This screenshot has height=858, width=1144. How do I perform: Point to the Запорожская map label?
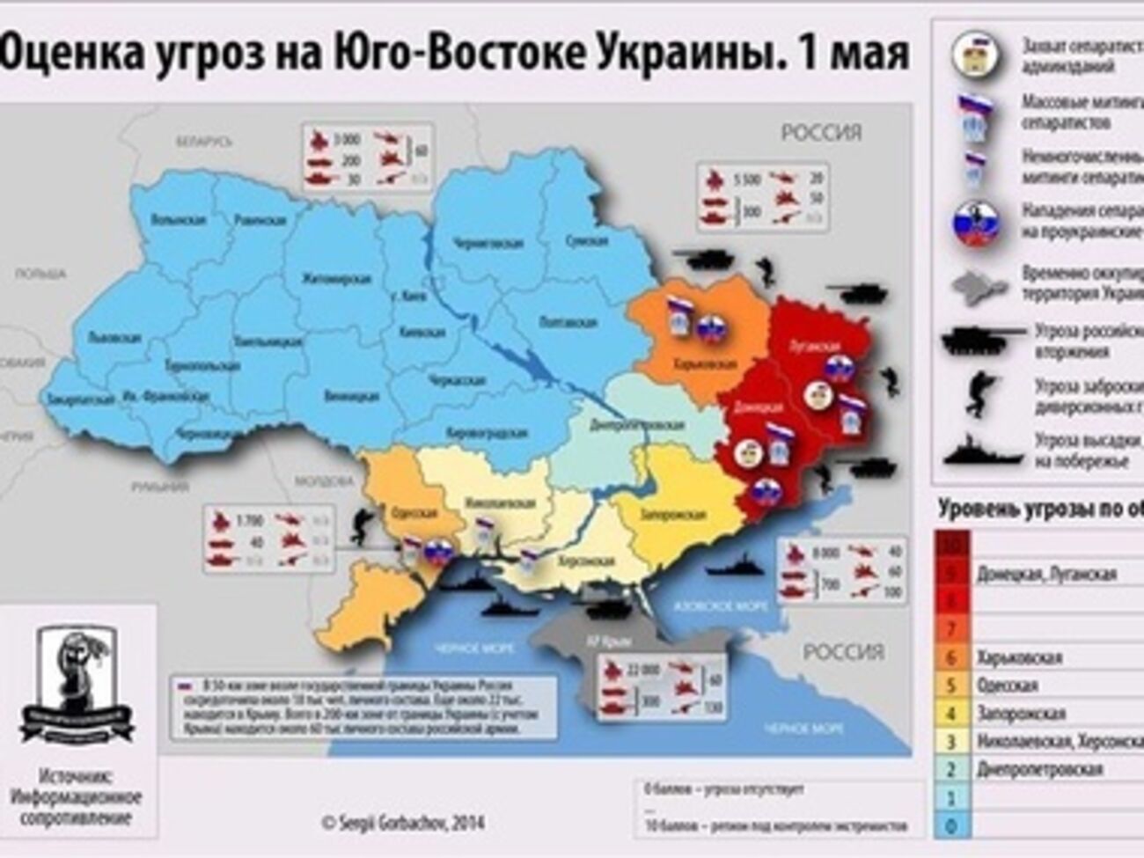point(676,515)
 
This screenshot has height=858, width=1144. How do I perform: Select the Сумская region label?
point(585,240)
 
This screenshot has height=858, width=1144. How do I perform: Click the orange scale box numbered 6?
point(952,656)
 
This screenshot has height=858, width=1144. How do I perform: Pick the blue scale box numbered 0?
point(952,825)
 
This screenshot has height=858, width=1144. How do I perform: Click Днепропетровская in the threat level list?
point(1038,769)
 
